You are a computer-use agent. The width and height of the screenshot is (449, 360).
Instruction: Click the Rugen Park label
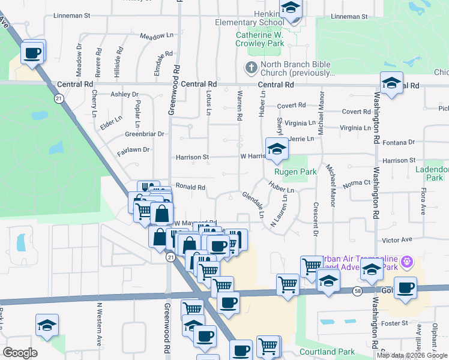pos(295,172)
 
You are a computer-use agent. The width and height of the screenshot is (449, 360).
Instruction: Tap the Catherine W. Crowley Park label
pos(259,40)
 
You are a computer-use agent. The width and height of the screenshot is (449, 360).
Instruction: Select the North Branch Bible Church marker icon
pos(251,68)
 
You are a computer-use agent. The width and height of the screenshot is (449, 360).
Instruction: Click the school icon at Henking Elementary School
pos(291,10)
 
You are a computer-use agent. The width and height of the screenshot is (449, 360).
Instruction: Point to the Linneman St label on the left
pos(71,16)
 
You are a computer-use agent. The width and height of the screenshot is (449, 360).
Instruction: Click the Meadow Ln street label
pos(156,36)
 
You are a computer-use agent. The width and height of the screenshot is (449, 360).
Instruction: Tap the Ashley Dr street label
pos(124,94)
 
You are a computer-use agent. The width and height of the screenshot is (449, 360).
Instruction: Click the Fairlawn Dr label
pos(133,149)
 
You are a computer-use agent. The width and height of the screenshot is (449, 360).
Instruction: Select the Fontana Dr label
pos(403,142)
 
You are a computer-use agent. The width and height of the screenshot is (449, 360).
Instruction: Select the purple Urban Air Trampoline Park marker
pos(408,262)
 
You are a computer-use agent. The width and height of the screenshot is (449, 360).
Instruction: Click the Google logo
pos(20,353)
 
